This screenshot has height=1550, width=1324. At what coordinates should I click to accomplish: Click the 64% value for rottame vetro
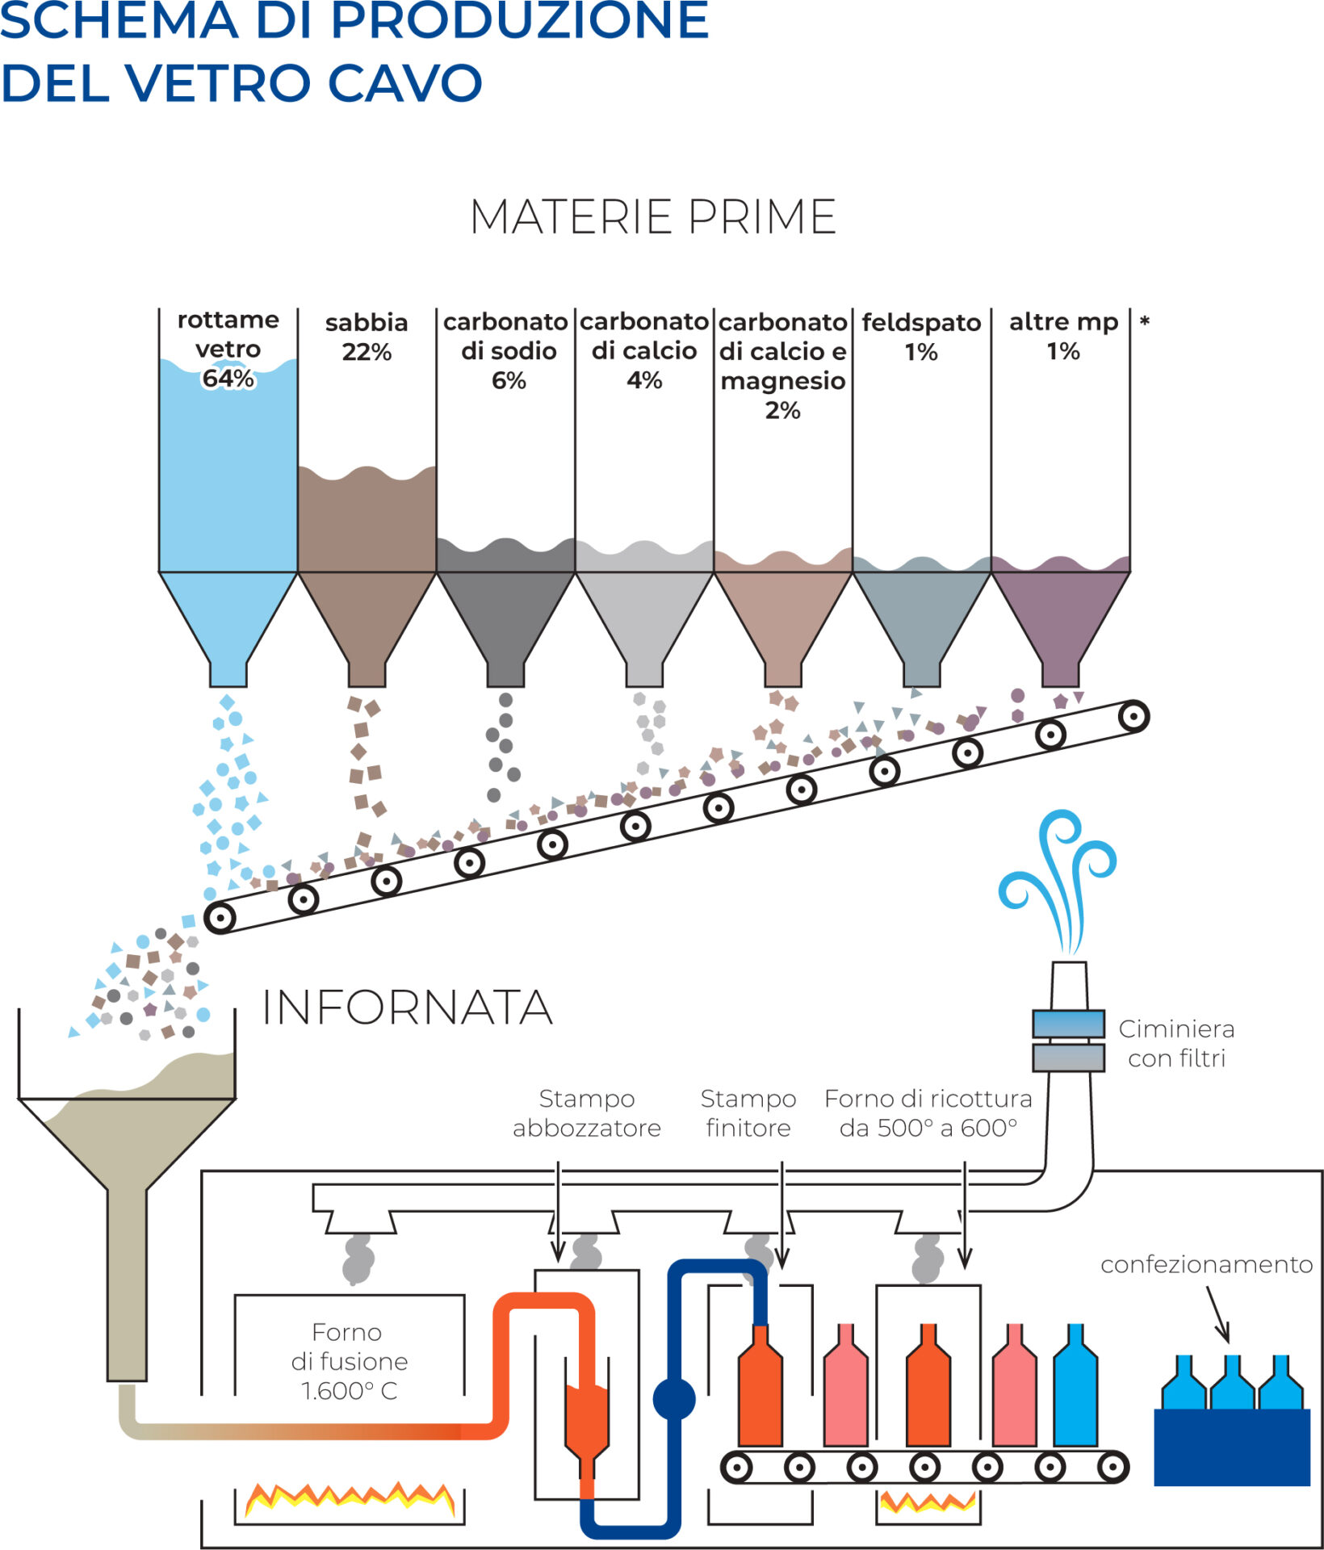pyautogui.click(x=228, y=379)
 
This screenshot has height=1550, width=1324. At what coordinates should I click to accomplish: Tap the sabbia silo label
pyautogui.click(x=367, y=323)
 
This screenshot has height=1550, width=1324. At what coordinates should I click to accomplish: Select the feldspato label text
pyautogui.click(x=921, y=323)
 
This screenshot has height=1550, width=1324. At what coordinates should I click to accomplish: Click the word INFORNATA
pyautogui.click(x=408, y=1007)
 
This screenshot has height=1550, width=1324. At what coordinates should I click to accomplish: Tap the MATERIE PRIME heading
pyautogui.click(x=653, y=217)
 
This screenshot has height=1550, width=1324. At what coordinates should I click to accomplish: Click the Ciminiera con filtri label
pyautogui.click(x=1176, y=1043)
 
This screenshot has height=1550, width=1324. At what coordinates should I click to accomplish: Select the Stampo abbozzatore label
pyautogui.click(x=587, y=1113)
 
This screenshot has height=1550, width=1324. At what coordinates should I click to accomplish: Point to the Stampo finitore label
pyautogui.click(x=748, y=1113)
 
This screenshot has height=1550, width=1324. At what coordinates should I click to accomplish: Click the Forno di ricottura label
pyautogui.click(x=928, y=1113)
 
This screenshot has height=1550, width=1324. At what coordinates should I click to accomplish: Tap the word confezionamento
pyautogui.click(x=1206, y=1264)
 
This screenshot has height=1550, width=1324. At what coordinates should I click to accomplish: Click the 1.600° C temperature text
pyautogui.click(x=349, y=1391)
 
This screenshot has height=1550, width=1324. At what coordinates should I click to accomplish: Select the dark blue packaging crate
pyautogui.click(x=1232, y=1447)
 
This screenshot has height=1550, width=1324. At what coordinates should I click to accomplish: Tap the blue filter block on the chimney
pyautogui.click(x=1069, y=1024)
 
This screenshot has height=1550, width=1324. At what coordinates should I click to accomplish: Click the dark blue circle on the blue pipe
pyautogui.click(x=674, y=1399)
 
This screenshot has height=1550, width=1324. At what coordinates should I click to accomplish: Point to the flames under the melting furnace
pyautogui.click(x=350, y=1499)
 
